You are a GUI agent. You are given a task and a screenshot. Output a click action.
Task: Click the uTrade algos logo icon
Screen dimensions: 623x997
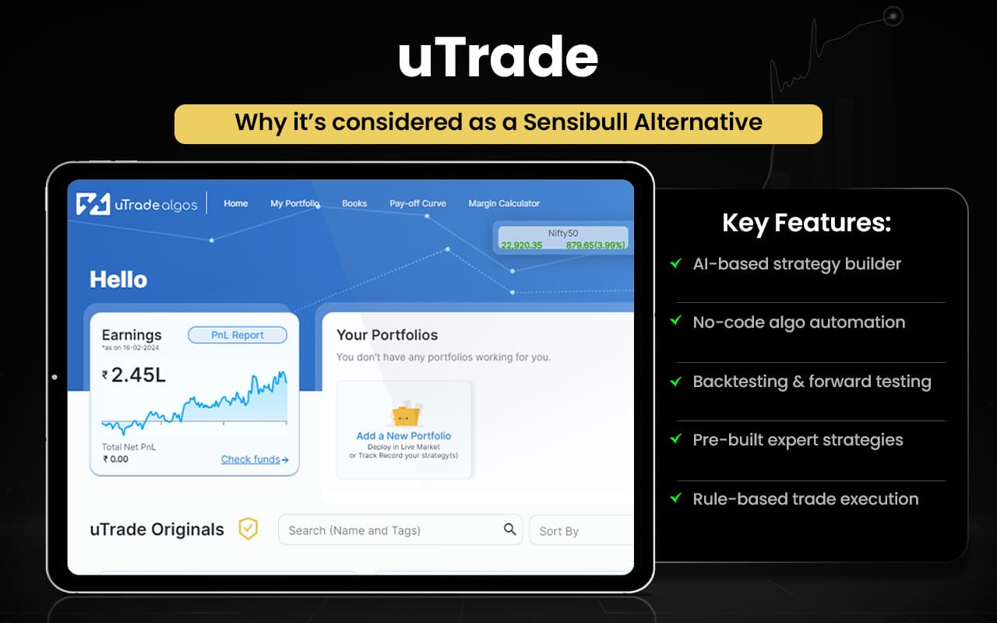click(93, 204)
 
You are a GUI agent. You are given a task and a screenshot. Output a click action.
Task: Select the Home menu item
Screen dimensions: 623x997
click(235, 203)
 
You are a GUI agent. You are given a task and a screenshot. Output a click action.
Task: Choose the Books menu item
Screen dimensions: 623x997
click(354, 203)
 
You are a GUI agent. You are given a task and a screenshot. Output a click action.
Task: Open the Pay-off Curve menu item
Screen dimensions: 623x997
click(417, 203)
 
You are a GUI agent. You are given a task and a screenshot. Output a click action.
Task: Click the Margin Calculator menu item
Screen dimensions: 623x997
click(504, 203)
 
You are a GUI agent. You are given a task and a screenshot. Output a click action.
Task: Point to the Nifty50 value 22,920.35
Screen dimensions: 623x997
click(521, 245)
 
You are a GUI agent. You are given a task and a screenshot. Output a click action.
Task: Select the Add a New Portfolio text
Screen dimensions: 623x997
click(403, 436)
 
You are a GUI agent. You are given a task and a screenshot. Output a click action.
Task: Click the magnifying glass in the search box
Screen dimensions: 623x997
click(509, 530)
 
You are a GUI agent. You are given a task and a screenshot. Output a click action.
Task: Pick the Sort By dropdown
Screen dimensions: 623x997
click(580, 531)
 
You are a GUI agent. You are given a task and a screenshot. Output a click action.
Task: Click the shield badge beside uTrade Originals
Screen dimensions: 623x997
click(248, 529)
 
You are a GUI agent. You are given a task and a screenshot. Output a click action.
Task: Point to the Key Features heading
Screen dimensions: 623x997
click(806, 224)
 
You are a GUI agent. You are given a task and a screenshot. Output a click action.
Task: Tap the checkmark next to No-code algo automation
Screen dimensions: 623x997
click(675, 322)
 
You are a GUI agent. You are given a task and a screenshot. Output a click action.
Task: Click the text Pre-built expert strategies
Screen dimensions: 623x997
click(798, 440)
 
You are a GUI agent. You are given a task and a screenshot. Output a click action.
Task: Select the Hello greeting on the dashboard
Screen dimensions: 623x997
click(118, 280)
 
